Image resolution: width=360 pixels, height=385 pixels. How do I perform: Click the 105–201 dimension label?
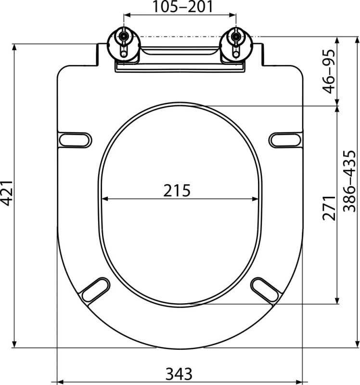[x=183, y=6]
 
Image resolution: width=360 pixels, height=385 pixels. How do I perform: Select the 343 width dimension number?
[x=179, y=374]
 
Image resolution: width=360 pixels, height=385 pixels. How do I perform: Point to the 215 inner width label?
[x=177, y=190]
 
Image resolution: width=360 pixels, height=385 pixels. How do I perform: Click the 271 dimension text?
[x=329, y=208]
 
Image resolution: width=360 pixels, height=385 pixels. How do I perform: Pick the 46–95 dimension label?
[x=329, y=71]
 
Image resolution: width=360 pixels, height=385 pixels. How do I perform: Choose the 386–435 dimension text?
[x=349, y=181]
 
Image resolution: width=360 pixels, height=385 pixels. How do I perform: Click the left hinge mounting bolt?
[x=124, y=37]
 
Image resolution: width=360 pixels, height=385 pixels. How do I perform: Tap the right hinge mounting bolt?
[x=236, y=37]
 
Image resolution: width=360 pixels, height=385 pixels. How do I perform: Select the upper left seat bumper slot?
[x=76, y=140]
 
